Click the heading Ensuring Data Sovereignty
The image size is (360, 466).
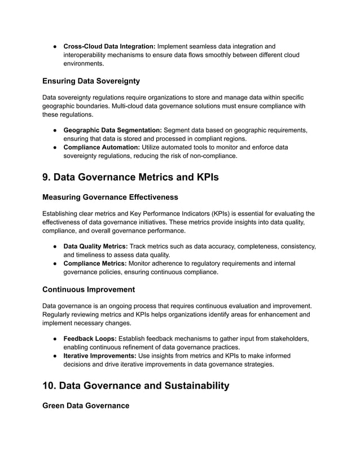(91, 81)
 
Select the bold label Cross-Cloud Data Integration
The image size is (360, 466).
(109, 46)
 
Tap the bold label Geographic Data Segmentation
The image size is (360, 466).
(112, 130)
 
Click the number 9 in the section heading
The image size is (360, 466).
(46, 177)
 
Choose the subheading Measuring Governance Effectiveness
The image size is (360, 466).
(110, 197)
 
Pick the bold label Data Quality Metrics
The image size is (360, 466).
(95, 246)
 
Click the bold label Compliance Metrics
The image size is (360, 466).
(95, 263)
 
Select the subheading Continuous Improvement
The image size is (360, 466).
(89, 289)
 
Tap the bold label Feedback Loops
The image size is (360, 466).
(90, 338)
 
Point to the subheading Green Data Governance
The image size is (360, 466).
(86, 405)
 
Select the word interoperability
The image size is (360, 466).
(87, 55)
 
